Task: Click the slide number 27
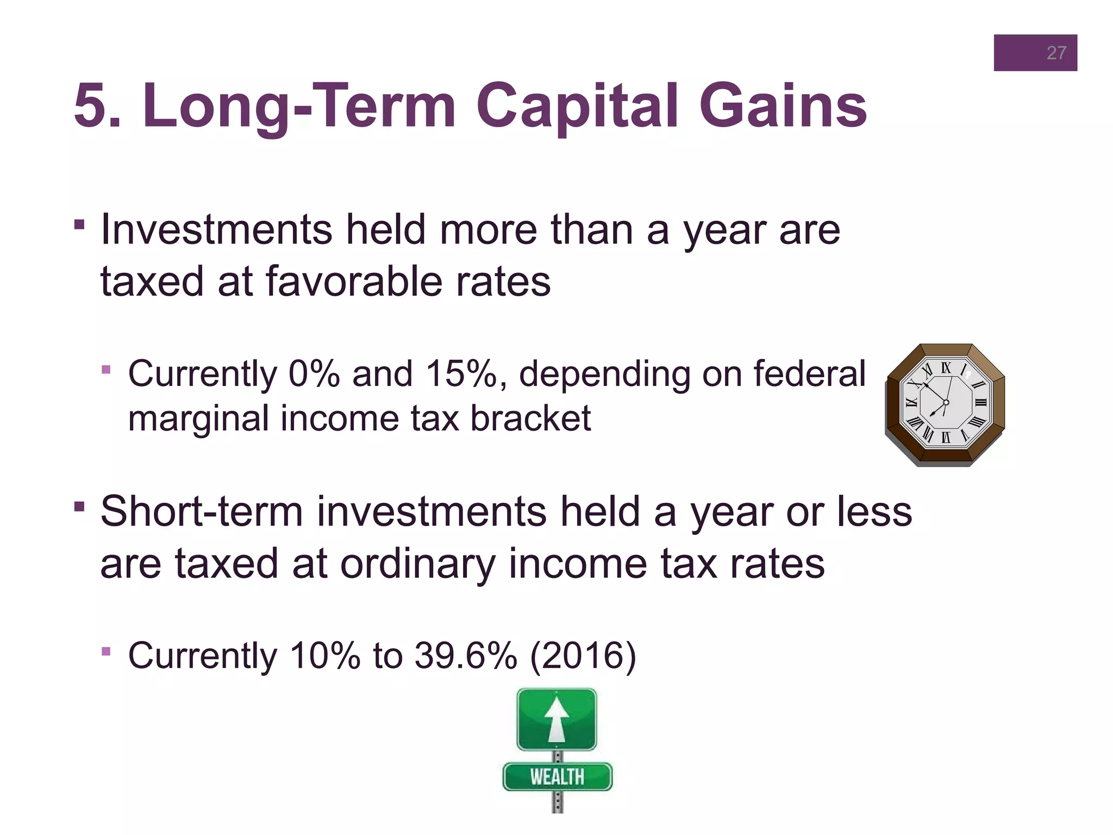[1056, 53]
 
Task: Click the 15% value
[461, 374]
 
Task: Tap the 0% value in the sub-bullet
[314, 374]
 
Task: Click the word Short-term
[201, 512]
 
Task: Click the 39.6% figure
[465, 656]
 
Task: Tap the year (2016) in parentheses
[583, 656]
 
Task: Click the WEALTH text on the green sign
[557, 777]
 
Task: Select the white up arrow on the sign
[556, 719]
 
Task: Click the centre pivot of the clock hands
[946, 402]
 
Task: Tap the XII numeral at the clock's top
[946, 368]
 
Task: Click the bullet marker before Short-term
[79, 506]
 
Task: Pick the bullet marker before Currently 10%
[106, 651]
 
